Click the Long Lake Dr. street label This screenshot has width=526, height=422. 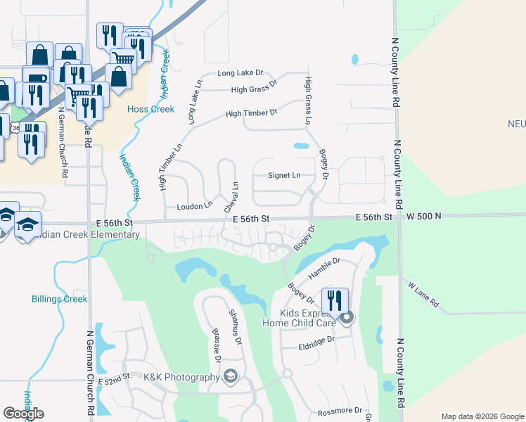click(240, 72)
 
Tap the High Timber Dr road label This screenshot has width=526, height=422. click(251, 113)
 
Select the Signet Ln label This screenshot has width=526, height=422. click(284, 175)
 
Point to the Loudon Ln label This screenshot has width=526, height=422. click(194, 206)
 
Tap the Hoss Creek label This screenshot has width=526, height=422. click(150, 109)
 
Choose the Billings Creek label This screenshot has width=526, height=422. click(60, 299)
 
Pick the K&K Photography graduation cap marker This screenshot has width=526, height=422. click(230, 378)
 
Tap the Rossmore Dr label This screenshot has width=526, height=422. click(339, 410)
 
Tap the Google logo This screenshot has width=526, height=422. click(23, 414)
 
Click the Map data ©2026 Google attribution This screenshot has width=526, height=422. click(482, 416)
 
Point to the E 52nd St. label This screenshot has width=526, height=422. click(115, 378)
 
